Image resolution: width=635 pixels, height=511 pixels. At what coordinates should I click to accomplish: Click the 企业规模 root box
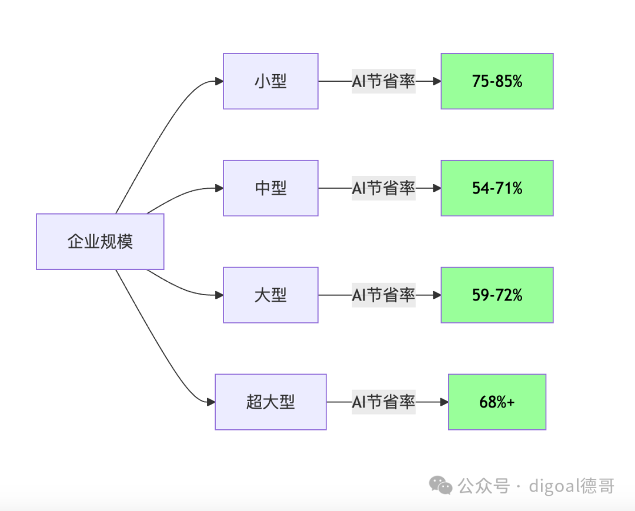click(100, 241)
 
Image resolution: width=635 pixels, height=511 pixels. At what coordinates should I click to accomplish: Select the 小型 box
click(270, 81)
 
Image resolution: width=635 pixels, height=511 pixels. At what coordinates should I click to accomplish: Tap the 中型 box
click(270, 188)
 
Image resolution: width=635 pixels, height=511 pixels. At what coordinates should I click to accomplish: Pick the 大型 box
click(270, 295)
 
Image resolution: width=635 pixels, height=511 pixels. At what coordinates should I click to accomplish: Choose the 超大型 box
click(270, 402)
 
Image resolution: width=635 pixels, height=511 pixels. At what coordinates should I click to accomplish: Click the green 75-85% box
click(497, 81)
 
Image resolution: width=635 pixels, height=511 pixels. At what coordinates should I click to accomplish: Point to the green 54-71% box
click(497, 188)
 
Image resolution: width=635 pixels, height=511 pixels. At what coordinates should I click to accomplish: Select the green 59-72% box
click(497, 295)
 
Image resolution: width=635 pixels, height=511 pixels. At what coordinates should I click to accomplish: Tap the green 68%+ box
click(497, 402)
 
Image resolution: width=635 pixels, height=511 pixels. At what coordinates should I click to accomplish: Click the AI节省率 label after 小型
click(383, 81)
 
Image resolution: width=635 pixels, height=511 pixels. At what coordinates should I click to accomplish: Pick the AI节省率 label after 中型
click(383, 188)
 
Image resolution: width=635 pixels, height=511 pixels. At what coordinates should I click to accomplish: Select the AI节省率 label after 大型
click(383, 295)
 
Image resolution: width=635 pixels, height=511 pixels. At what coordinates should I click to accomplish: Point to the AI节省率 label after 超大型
click(383, 402)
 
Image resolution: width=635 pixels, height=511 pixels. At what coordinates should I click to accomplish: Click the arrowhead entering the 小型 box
click(219, 81)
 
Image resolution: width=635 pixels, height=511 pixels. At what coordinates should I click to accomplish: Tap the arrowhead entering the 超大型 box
click(211, 402)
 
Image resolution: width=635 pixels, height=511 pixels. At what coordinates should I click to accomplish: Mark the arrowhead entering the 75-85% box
click(437, 81)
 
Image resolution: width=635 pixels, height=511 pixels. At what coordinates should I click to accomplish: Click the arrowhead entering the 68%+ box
click(444, 402)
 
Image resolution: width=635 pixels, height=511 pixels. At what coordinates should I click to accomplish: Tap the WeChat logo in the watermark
click(440, 485)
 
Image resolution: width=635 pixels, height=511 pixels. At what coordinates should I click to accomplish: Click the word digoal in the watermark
click(554, 486)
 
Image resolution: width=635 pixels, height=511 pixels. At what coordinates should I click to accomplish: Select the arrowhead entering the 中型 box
click(219, 188)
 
